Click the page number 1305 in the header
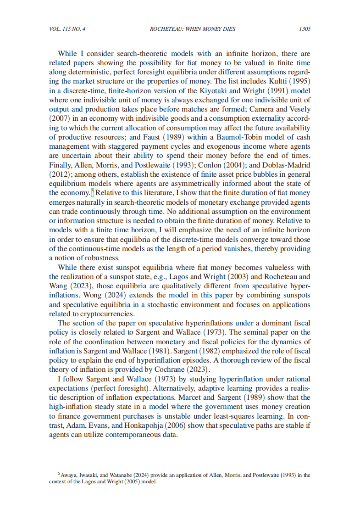[x=305, y=29]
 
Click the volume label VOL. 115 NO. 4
[x=67, y=29]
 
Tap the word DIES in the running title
[x=228, y=29]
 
